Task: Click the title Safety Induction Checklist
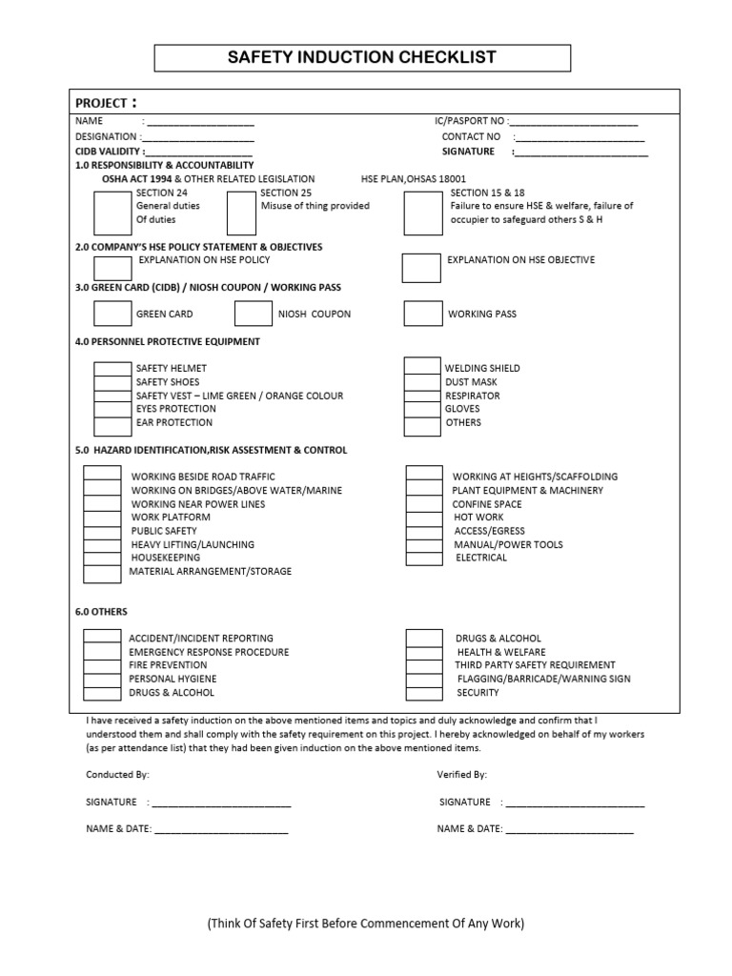[x=362, y=57]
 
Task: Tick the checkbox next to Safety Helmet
[x=112, y=369]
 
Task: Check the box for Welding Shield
[x=422, y=367]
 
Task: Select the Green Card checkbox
[x=112, y=314]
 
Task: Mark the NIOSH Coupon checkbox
[x=254, y=314]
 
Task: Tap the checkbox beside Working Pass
[x=422, y=314]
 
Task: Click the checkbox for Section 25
[x=240, y=213]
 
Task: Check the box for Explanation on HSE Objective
[x=421, y=268]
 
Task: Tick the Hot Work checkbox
[x=424, y=518]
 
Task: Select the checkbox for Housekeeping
[x=102, y=559]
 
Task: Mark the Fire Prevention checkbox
[x=102, y=665]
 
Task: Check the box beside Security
[x=424, y=693]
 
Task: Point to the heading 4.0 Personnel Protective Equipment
[x=167, y=341]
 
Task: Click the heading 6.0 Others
[x=101, y=612]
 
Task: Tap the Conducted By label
[x=117, y=776]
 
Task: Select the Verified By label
[x=462, y=776]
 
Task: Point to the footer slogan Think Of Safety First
[x=366, y=924]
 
